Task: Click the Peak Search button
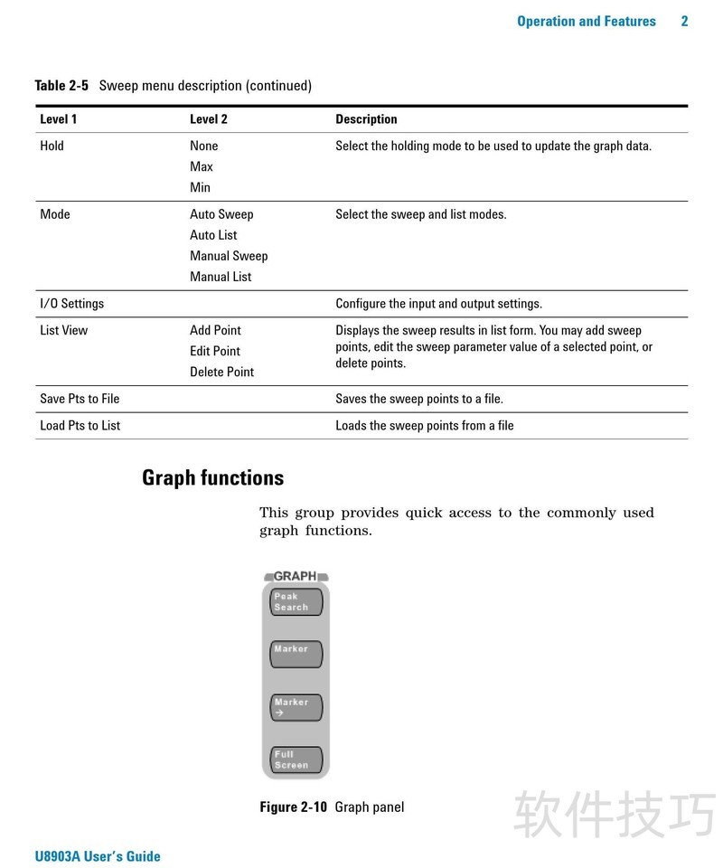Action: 296,602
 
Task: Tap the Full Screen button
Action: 296,759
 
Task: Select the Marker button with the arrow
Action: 296,707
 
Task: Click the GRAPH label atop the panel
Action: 296,576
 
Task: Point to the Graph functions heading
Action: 212,478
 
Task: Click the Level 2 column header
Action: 209,119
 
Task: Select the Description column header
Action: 366,119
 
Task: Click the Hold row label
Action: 52,146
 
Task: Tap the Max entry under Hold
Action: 202,166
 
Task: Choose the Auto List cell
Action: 213,235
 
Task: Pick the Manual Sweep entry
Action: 229,256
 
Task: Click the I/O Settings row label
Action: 72,304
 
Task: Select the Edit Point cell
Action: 215,351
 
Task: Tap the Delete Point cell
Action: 221,372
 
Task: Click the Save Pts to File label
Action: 80,399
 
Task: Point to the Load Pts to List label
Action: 80,426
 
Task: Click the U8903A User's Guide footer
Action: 98,856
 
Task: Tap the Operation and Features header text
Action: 586,22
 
